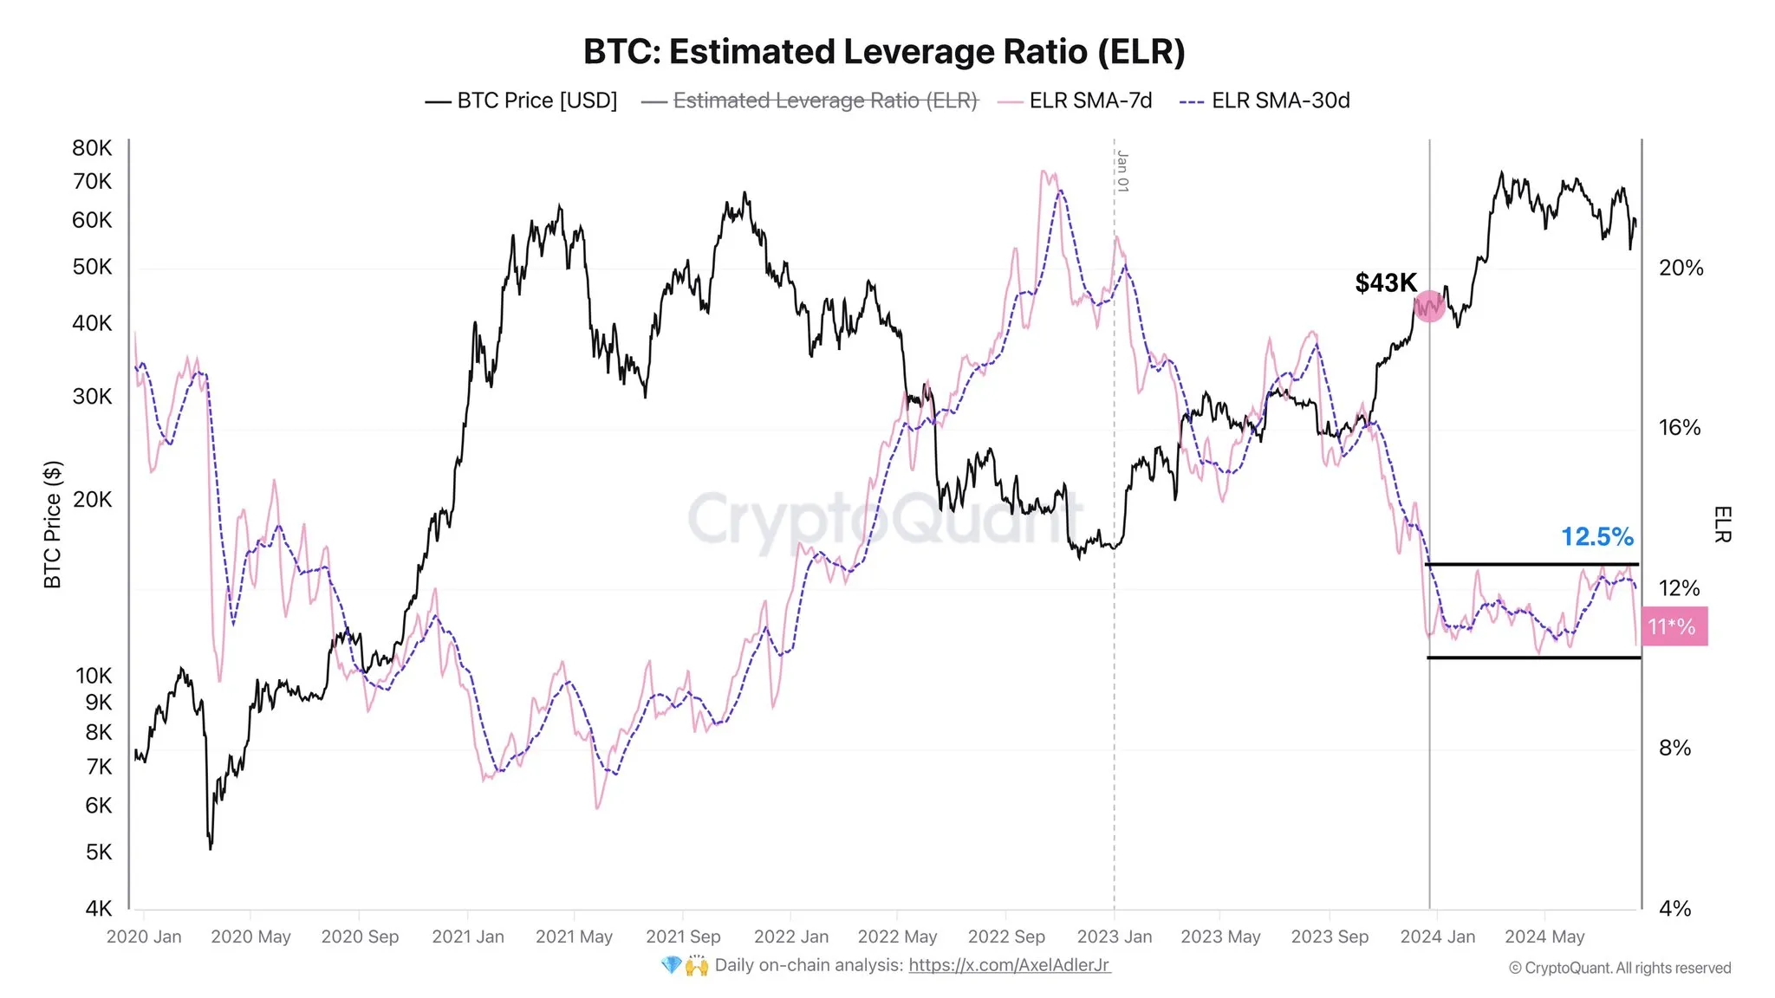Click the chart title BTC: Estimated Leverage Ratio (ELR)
pos(884,52)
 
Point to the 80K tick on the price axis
pos(92,148)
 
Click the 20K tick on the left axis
pos(92,500)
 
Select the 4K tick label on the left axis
pos(98,909)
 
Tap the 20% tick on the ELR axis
pos(1681,269)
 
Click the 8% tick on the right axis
pos(1674,748)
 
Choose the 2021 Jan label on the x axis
pos(468,937)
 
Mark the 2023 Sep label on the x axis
pos(1330,937)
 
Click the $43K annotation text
pos(1385,283)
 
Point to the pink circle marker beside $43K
pos(1429,306)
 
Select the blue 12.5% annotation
pos(1596,537)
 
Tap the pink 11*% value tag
pos(1674,626)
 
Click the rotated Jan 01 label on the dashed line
pos(1122,172)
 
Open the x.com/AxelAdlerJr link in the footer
pos(1009,965)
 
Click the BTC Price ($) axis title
pos(53,525)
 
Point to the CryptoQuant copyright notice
pos(1619,969)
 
